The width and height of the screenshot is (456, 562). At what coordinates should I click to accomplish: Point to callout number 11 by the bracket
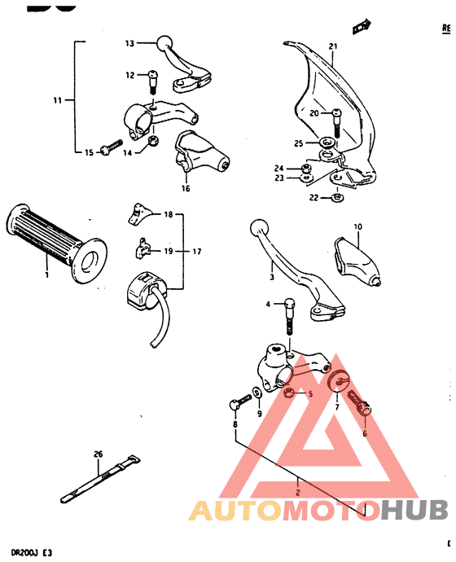[58, 101]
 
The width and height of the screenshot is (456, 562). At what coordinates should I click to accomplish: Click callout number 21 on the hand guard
[332, 46]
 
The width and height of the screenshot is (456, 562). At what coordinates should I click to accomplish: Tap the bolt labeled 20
[337, 119]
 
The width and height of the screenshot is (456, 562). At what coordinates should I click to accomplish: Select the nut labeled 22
[337, 195]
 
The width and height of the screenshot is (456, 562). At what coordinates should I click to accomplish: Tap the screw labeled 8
[238, 402]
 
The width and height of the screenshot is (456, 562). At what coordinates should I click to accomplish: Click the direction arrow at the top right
[361, 28]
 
